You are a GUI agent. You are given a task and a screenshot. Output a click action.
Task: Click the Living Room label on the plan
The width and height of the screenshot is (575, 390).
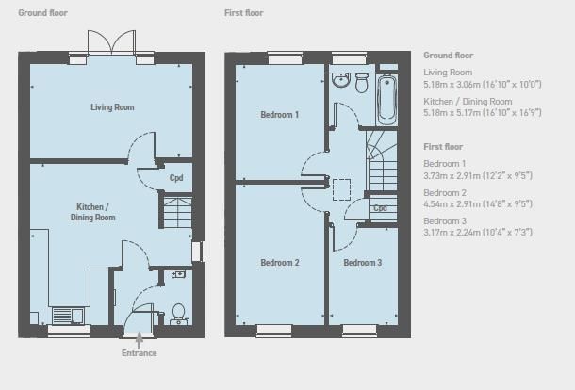tap(112, 107)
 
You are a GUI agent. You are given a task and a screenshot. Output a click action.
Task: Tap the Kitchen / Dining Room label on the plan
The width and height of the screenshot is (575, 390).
tap(92, 212)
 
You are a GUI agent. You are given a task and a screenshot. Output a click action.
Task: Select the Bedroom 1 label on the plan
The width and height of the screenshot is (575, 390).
tap(279, 115)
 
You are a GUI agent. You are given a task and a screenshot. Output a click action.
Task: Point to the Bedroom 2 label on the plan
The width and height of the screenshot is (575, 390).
tap(280, 263)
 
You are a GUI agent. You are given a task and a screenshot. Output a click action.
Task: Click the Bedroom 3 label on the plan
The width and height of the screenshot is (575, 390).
tap(363, 263)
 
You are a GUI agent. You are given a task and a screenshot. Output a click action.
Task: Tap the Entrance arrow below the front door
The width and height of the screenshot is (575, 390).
tap(139, 340)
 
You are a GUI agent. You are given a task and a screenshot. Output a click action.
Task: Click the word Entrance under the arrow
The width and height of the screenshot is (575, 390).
tap(140, 353)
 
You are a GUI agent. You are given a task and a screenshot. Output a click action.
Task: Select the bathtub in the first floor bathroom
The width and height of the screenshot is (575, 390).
tap(387, 100)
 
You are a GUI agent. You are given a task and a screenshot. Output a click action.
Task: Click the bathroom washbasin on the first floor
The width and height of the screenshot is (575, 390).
tap(341, 80)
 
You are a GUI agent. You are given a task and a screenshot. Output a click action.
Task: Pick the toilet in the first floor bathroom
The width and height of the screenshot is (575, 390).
tap(362, 83)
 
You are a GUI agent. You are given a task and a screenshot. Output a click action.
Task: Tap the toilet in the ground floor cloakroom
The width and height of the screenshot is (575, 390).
tap(178, 314)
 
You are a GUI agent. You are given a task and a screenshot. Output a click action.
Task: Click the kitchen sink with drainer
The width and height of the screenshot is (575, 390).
tap(68, 316)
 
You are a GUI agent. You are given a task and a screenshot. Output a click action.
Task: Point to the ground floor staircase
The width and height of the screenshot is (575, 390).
tap(177, 212)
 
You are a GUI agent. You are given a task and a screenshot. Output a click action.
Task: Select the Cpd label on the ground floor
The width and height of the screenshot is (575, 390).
tap(176, 178)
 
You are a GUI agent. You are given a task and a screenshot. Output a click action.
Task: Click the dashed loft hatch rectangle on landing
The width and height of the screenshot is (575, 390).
tap(341, 189)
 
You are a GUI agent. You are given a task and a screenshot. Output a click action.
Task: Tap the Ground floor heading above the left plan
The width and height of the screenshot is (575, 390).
tap(43, 13)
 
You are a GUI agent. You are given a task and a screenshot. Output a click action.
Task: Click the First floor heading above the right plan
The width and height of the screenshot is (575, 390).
tap(244, 13)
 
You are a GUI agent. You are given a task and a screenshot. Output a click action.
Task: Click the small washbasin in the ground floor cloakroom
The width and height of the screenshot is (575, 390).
tap(178, 274)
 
